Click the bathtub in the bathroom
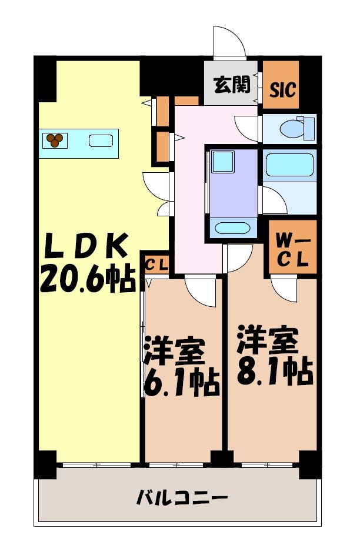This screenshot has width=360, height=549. coord(288,165)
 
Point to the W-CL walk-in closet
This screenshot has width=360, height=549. coord(292,249)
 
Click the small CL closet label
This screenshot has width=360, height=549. coord(156,265)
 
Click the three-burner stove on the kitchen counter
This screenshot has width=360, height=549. coord(55,140)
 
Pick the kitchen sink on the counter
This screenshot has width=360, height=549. coord(101,140)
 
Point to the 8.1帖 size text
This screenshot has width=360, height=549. coord(275,371)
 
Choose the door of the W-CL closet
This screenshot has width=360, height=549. coord(285,288)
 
